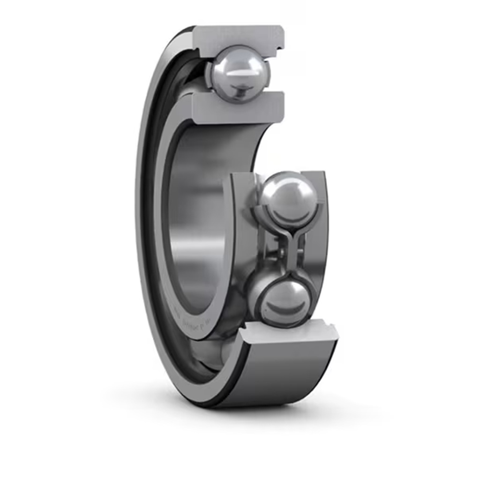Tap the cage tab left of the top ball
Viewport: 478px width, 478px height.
208,75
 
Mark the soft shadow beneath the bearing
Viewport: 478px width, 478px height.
262,412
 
